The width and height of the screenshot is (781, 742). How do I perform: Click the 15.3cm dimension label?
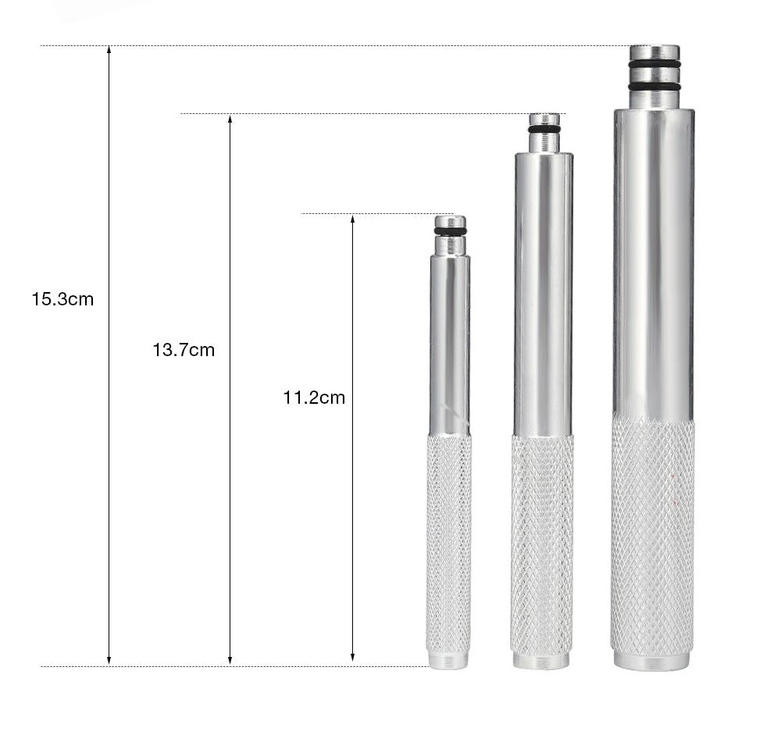[62, 299]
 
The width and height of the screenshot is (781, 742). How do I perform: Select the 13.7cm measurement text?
[184, 350]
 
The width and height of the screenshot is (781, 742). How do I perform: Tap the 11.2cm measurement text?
[314, 398]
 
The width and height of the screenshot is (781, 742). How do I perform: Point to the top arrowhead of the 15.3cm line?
[109, 50]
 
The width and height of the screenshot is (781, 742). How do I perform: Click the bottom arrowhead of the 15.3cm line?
[109, 661]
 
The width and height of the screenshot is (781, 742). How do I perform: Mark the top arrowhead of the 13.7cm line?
[230, 119]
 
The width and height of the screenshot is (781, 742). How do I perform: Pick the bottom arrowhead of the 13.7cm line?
[230, 661]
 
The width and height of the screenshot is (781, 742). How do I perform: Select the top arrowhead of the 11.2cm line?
[352, 219]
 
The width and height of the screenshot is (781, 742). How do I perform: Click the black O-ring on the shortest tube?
[450, 231]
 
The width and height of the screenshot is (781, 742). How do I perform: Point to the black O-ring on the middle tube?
[544, 129]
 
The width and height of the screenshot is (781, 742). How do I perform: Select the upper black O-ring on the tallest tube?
[654, 64]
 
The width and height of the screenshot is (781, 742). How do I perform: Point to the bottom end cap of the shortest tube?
[448, 661]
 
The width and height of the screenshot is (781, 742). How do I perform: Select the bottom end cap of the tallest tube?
[651, 661]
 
